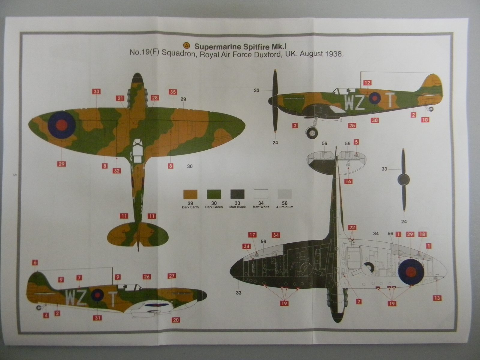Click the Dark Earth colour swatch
pos(190,194)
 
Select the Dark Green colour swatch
pos(214,194)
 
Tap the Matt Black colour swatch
pos(237,194)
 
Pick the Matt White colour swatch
pos(261,194)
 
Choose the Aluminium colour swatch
pos(284,194)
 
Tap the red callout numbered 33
pos(96,91)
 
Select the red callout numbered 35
pos(172,92)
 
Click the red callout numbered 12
pos(367,83)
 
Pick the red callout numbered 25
pos(352,125)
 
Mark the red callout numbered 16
pos(348,181)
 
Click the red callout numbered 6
pos(35,262)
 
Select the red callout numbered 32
pos(117,171)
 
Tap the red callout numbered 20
pos(176,320)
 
